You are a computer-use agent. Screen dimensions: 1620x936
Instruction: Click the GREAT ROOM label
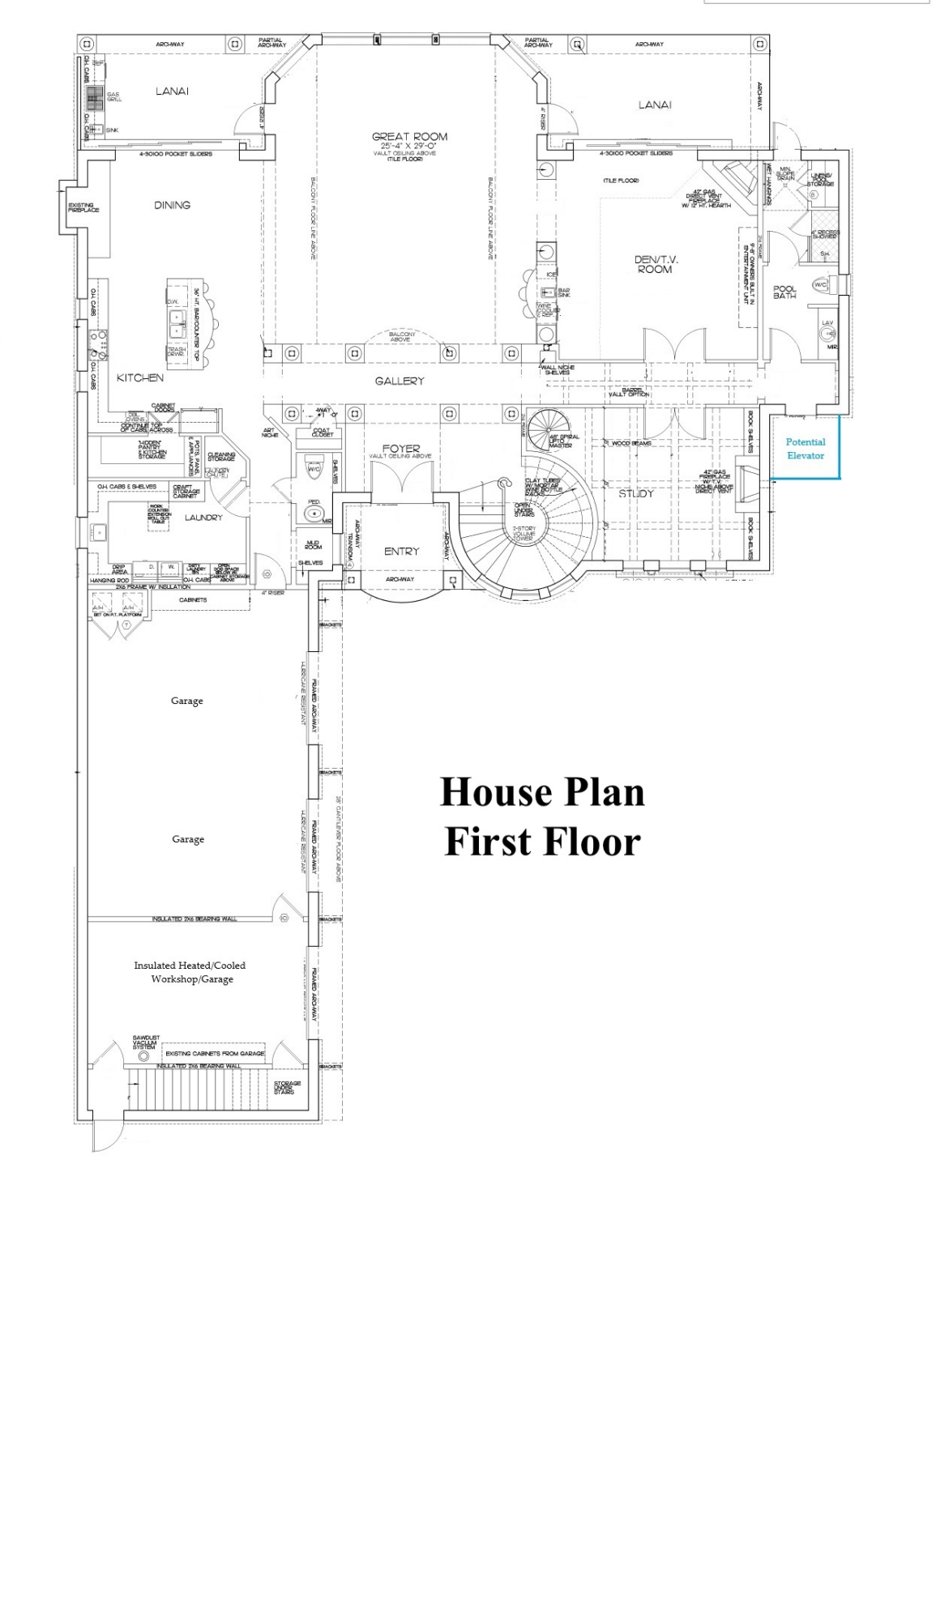click(x=409, y=137)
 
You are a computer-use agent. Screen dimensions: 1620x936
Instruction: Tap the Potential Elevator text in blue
click(x=805, y=449)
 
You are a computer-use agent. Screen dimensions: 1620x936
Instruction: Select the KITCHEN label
click(x=140, y=377)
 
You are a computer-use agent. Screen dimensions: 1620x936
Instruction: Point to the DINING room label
click(x=172, y=205)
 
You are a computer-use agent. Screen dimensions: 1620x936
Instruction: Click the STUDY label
click(x=636, y=493)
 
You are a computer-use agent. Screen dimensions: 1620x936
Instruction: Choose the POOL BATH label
click(x=784, y=292)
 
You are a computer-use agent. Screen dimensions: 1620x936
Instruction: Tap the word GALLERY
click(x=400, y=381)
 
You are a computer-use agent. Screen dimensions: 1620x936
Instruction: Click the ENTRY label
click(x=401, y=552)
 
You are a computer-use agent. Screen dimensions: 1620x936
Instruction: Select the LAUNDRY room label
click(x=203, y=518)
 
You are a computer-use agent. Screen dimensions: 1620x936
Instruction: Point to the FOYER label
click(x=401, y=448)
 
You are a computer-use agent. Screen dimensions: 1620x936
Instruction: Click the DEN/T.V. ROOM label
click(x=656, y=264)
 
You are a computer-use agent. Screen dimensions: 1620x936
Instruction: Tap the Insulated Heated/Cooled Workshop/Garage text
click(x=190, y=972)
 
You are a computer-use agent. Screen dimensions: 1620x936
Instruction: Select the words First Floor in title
click(x=542, y=842)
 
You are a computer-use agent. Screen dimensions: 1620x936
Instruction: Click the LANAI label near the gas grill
click(x=172, y=92)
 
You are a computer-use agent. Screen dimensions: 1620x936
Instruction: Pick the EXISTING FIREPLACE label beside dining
click(x=83, y=207)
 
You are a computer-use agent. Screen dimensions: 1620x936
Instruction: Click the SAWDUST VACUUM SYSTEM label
click(x=146, y=1042)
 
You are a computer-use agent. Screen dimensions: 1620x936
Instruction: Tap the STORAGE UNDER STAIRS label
click(x=286, y=1087)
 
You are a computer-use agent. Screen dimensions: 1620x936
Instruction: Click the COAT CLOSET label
click(x=323, y=433)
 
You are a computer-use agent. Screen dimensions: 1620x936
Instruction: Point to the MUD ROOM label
click(x=313, y=544)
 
